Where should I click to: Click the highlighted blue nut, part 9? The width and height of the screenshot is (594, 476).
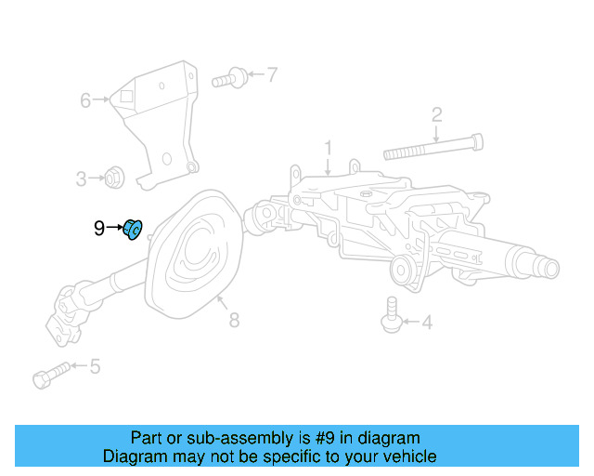point(132,228)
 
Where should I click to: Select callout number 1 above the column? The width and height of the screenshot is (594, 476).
point(327,148)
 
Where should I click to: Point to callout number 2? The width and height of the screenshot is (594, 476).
point(436,115)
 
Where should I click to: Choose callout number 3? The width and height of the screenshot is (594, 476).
point(81,178)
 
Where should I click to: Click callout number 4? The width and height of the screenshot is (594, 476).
point(427,324)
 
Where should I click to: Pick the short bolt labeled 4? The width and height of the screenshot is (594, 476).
point(391,313)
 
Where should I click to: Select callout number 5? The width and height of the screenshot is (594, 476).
point(95,367)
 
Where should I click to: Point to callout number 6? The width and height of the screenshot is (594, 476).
point(85,99)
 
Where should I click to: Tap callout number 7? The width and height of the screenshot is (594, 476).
point(272,74)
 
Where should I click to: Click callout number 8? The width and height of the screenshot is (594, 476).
point(234,320)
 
